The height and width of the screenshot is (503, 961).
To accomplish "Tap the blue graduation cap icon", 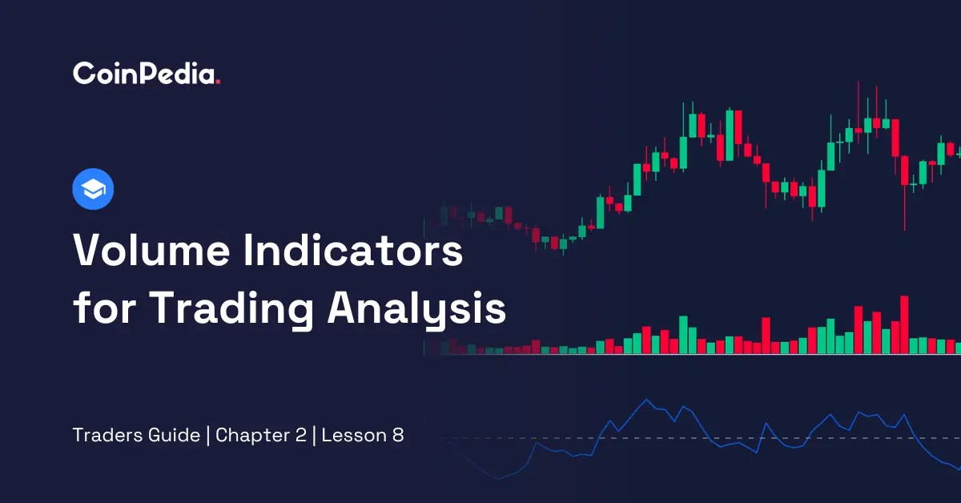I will click(93, 190).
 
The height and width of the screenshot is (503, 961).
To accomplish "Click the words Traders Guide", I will click(136, 436).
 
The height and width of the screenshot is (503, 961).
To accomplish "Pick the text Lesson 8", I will click(364, 436).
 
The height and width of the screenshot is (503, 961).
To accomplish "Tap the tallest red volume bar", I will click(904, 325).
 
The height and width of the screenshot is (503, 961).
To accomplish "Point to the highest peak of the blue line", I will click(646, 400).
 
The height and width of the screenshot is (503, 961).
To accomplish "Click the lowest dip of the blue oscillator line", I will click(499, 479).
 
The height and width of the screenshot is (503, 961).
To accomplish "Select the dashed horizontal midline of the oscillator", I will click(721, 438).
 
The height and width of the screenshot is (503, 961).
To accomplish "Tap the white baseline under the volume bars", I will click(689, 355).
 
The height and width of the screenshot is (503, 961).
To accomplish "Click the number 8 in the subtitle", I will click(398, 436).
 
